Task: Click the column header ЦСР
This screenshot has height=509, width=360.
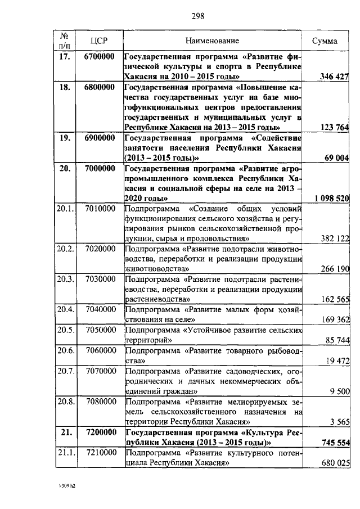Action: pyautogui.click(x=100, y=40)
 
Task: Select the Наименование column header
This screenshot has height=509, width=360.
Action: pyautogui.click(x=213, y=40)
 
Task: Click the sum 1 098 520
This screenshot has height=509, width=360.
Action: pyautogui.click(x=330, y=199)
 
